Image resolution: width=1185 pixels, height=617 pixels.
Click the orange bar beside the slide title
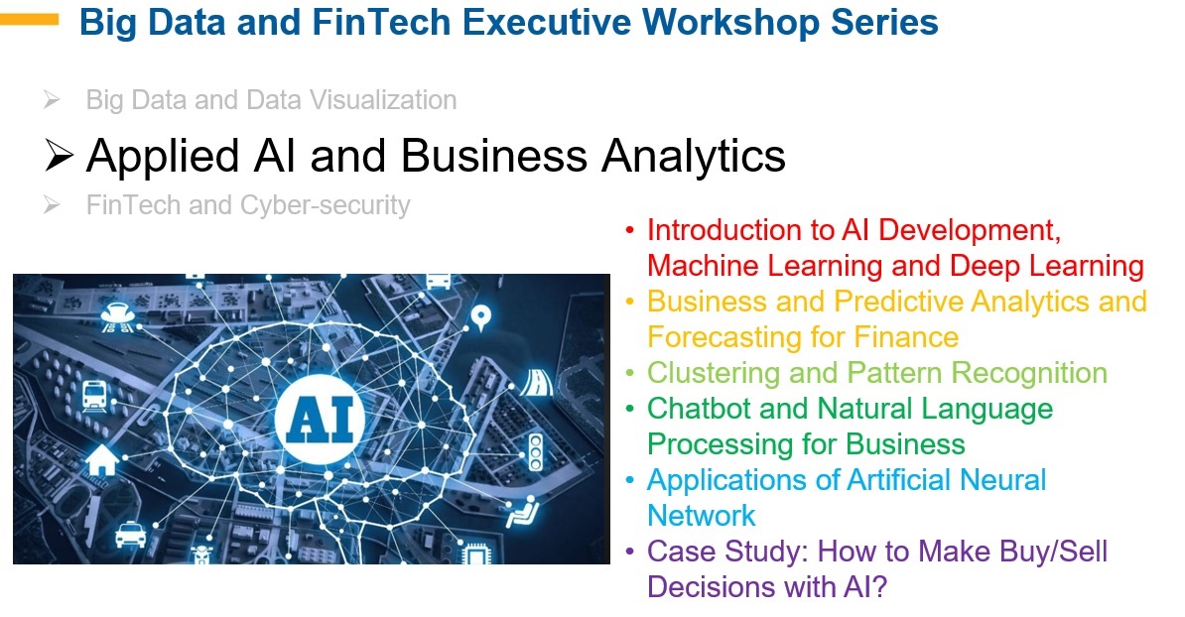tap(29, 20)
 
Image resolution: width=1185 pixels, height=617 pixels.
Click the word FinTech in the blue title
tap(381, 22)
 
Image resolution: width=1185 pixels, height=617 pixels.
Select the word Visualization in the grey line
tap(382, 99)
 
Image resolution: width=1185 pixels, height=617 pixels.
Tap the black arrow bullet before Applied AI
tap(59, 156)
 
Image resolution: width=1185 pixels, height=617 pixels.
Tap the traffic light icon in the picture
tap(535, 452)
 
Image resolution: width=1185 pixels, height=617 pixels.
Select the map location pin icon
tap(480, 318)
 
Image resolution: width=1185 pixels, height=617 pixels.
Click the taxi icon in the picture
tap(131, 534)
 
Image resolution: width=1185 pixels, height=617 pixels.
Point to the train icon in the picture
tap(95, 395)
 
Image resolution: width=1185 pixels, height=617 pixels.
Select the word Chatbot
tap(699, 409)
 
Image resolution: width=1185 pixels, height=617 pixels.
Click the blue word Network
tap(702, 516)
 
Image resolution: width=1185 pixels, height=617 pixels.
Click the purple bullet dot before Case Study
tap(629, 552)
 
